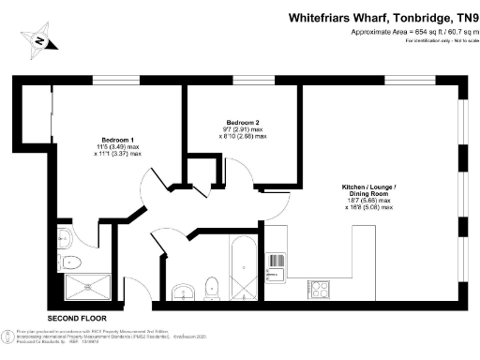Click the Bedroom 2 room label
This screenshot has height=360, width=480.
tap(243, 122)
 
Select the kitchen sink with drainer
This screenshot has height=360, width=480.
tap(277, 263)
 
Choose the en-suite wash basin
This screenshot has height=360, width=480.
tap(63, 236)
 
